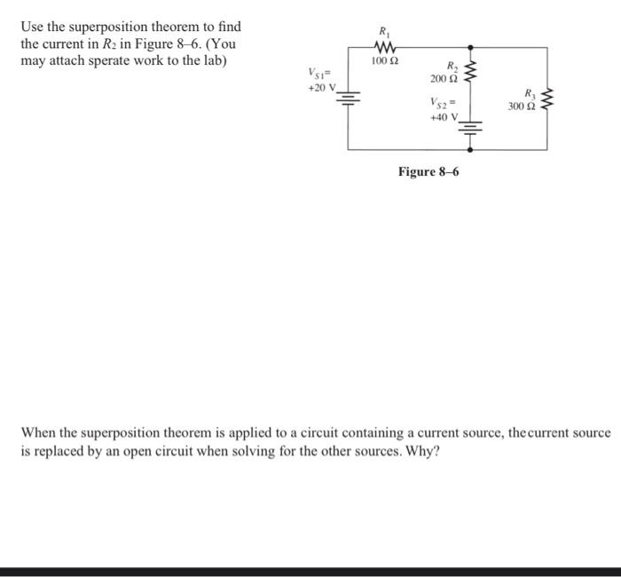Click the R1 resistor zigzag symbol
(386, 46)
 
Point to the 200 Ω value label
(442, 80)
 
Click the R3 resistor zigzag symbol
(546, 100)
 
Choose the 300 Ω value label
(520, 107)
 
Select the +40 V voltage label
(443, 116)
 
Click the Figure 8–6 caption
(428, 170)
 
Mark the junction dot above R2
(470, 47)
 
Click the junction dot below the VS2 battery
(470, 150)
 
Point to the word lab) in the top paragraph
(210, 60)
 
